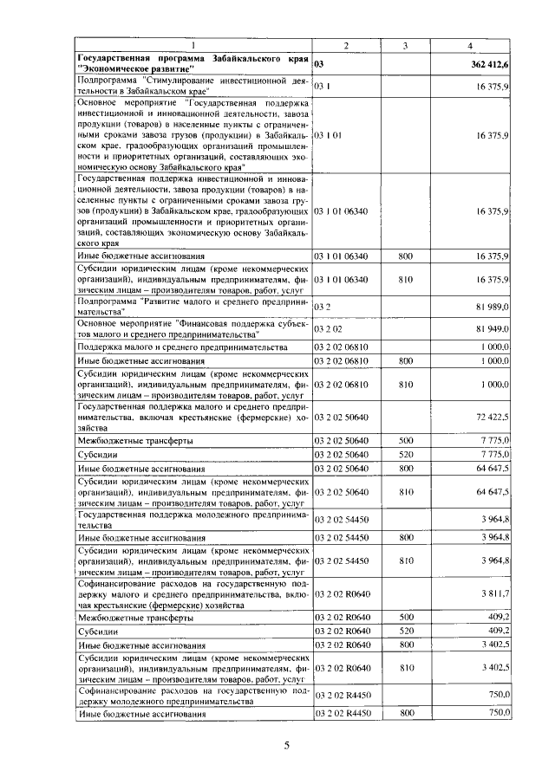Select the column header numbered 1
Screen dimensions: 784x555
click(x=193, y=45)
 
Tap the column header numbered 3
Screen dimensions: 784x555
click(x=405, y=45)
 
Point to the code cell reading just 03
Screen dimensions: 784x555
click(x=319, y=64)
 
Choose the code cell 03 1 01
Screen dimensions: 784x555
click(x=329, y=136)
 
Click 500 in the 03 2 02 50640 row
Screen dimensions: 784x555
click(x=405, y=441)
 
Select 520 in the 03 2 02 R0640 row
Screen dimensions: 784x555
click(x=405, y=632)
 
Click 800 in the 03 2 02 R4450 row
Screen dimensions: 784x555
click(x=405, y=713)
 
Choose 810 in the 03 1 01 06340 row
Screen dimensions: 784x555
click(x=405, y=279)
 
